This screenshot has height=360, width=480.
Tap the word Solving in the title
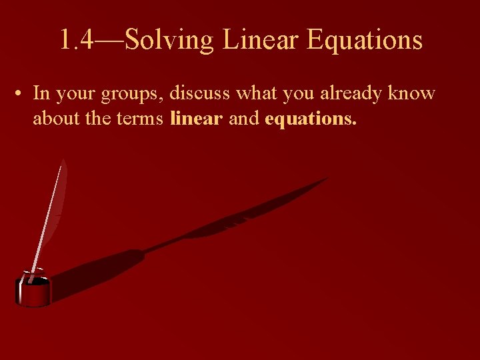pyautogui.click(x=169, y=41)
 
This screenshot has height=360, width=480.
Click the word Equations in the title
pyautogui.click(x=364, y=41)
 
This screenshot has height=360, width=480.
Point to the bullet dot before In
pyautogui.click(x=22, y=94)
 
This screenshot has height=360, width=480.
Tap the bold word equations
pyautogui.click(x=311, y=119)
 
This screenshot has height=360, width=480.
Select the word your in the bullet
pyautogui.click(x=75, y=94)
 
